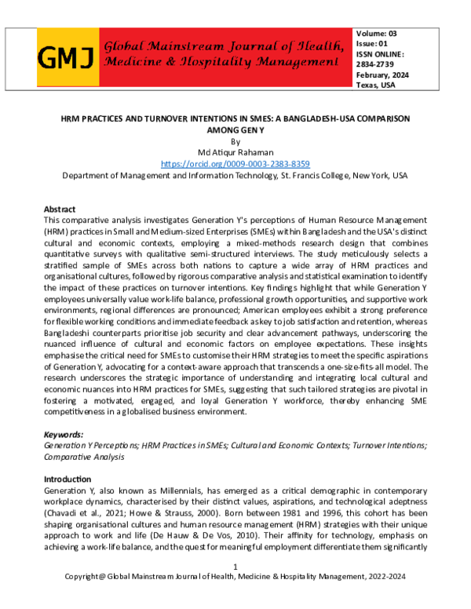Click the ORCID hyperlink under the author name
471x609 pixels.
click(x=235, y=164)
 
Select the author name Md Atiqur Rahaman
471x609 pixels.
click(x=235, y=153)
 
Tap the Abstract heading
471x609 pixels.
click(x=60, y=210)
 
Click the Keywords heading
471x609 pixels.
click(x=64, y=434)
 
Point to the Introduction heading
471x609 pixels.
click(x=67, y=479)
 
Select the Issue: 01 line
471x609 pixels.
click(x=373, y=44)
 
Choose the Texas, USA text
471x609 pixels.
click(x=376, y=85)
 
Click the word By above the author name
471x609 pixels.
click(x=235, y=142)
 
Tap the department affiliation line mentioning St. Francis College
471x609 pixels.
click(x=235, y=176)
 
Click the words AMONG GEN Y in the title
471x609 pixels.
click(x=235, y=130)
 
